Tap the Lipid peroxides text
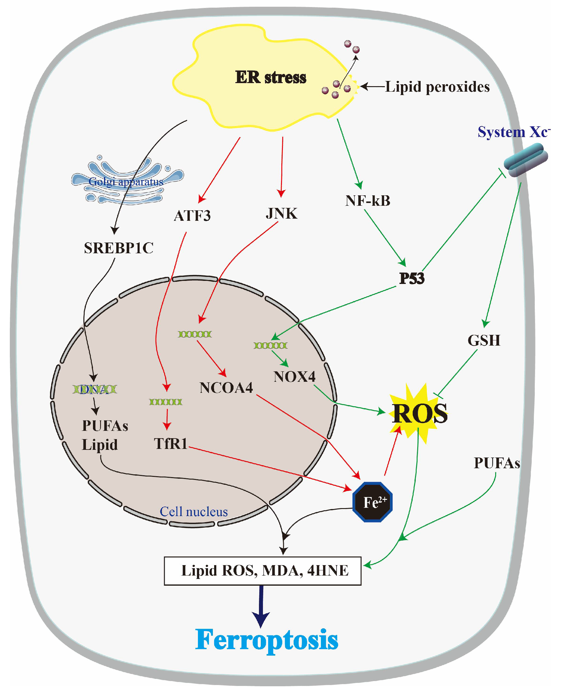tap(437, 87)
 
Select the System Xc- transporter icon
tap(525, 160)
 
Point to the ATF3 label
tap(192, 216)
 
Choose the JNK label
tap(281, 214)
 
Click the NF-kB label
tap(368, 201)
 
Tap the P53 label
tap(411, 278)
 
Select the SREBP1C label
tap(118, 248)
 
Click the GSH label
tap(484, 340)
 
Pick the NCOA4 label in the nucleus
tap(226, 388)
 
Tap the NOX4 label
tap(294, 377)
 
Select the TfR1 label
tap(171, 444)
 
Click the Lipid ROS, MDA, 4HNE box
tap(262, 571)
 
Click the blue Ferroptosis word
tap(266, 640)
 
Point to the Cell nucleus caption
tap(194, 512)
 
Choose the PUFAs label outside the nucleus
tap(496, 463)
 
